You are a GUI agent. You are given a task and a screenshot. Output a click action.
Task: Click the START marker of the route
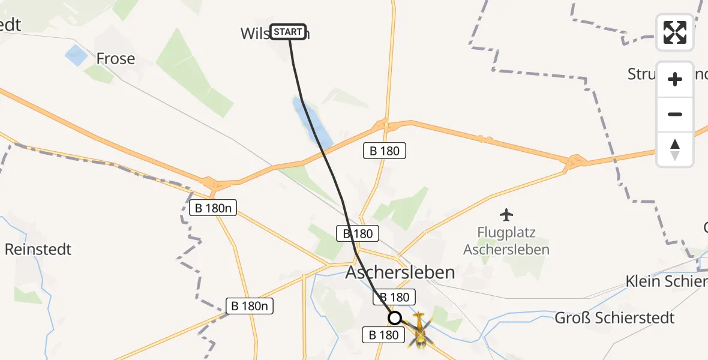[x=289, y=32]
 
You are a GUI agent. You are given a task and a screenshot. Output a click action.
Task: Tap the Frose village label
[x=116, y=59]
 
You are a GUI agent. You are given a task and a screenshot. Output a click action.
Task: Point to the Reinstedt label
[x=38, y=249]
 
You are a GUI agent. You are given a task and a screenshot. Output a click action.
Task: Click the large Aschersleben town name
[x=400, y=272]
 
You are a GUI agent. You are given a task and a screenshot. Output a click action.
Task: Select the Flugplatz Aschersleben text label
[x=506, y=241]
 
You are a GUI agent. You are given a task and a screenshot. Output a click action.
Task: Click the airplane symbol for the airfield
[x=506, y=214]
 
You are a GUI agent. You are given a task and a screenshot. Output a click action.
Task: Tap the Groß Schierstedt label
[x=614, y=317]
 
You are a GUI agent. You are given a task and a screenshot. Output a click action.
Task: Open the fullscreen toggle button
[x=675, y=32]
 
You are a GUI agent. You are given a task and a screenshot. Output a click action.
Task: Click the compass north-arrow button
[x=675, y=149]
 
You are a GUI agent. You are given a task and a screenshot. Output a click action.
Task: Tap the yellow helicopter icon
[x=419, y=329]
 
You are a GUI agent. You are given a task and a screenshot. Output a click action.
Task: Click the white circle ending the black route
[x=395, y=318]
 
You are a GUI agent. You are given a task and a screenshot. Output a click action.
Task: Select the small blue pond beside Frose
[x=76, y=56]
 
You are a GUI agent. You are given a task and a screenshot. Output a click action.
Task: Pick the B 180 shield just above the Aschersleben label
[x=358, y=233]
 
